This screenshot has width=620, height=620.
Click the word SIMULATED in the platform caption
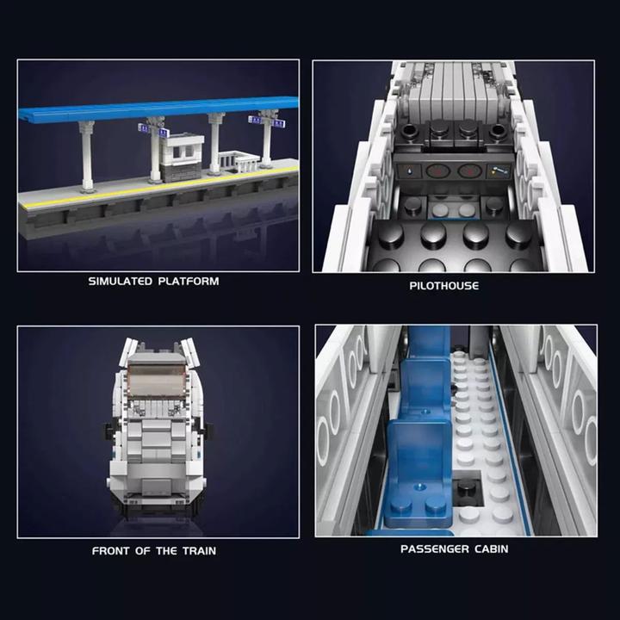[120, 282]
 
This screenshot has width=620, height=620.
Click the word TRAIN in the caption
[199, 551]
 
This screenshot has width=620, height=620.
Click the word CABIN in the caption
[492, 549]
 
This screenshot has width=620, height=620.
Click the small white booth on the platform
[183, 156]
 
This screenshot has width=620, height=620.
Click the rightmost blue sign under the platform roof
[277, 122]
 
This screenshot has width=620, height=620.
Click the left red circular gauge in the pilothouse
[438, 170]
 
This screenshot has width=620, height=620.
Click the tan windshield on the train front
[158, 378]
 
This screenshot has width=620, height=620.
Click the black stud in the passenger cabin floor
[468, 487]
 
